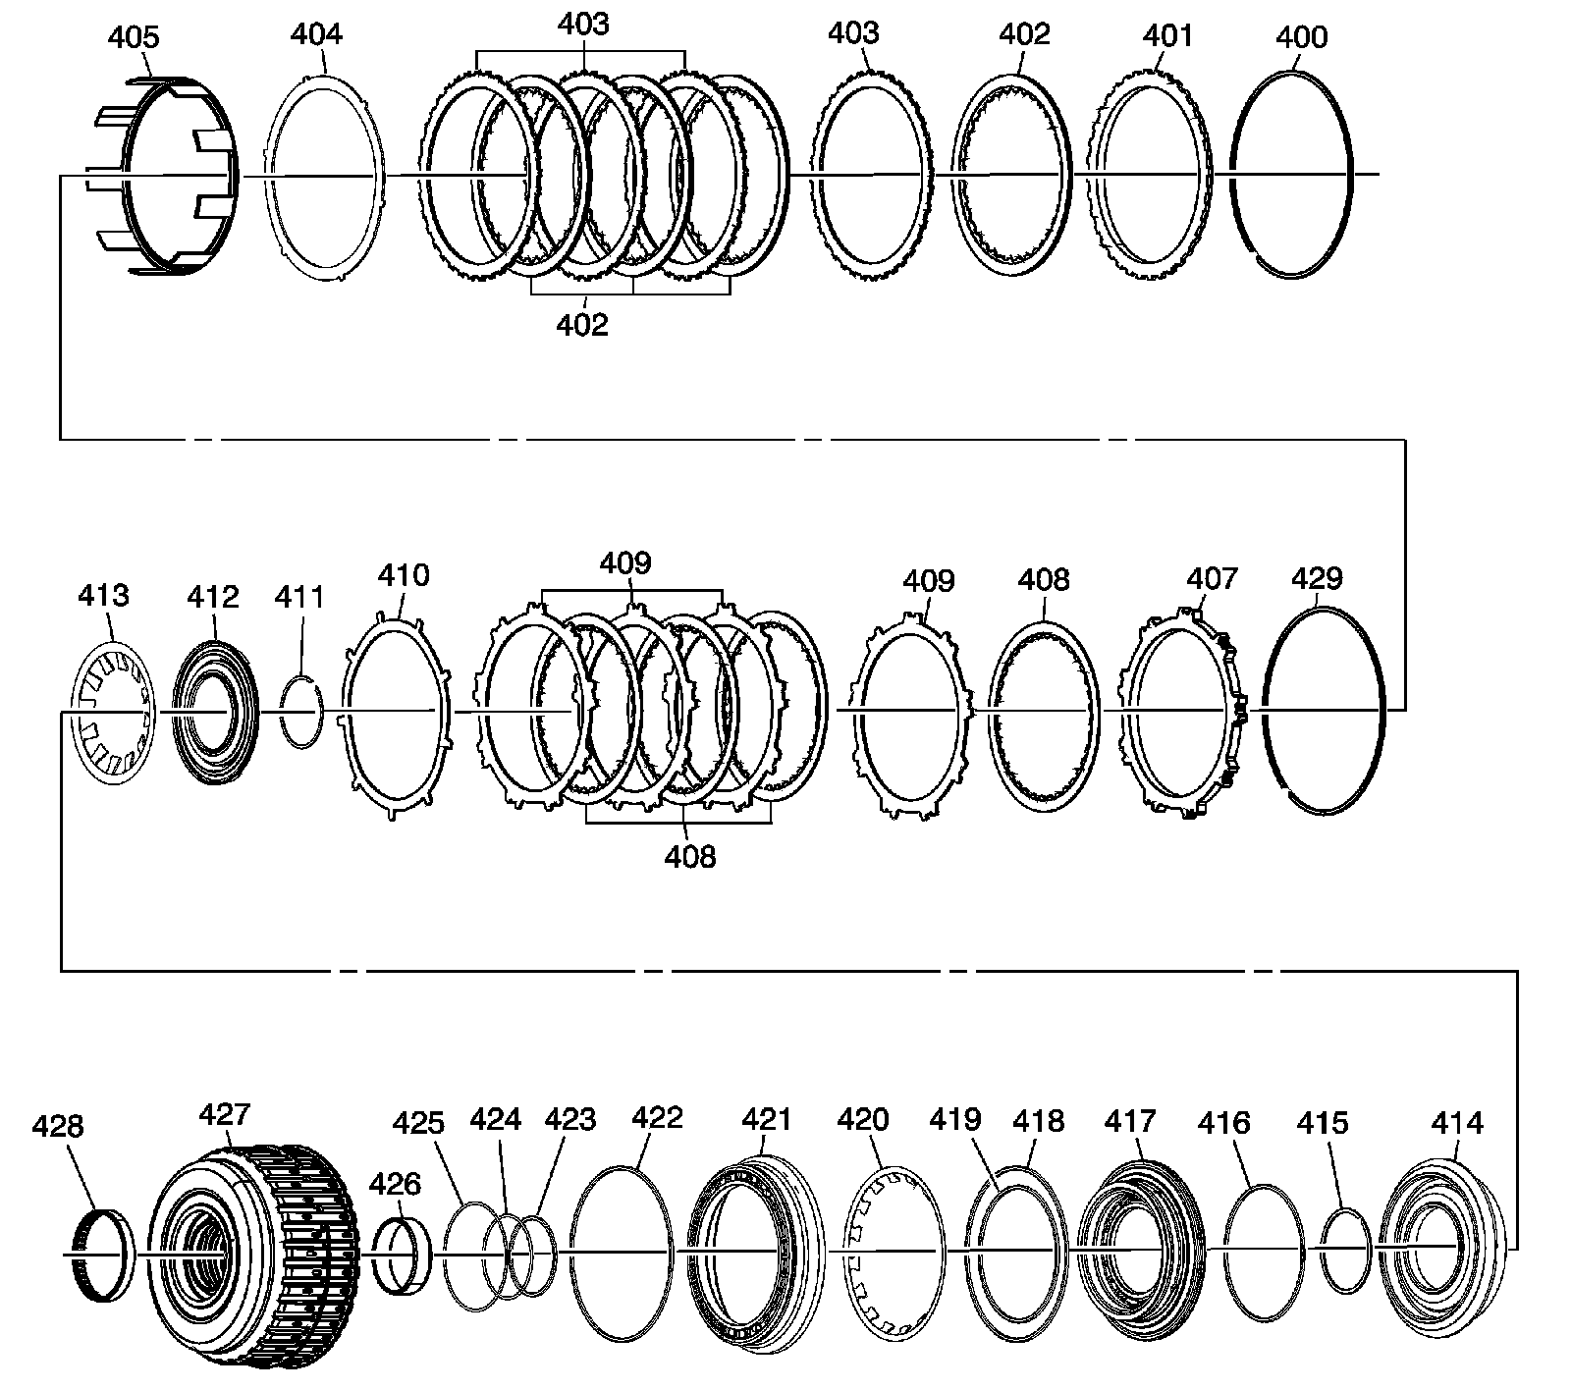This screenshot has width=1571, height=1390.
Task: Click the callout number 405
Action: (x=133, y=38)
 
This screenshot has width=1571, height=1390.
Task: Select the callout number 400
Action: (x=1301, y=38)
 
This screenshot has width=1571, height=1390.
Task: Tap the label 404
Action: (x=316, y=34)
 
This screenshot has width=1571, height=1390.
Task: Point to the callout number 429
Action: (x=1317, y=578)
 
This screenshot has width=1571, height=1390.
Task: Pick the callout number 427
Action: (x=225, y=1114)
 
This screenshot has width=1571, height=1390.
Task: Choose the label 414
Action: (x=1457, y=1122)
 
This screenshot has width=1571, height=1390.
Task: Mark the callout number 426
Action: (x=395, y=1185)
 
